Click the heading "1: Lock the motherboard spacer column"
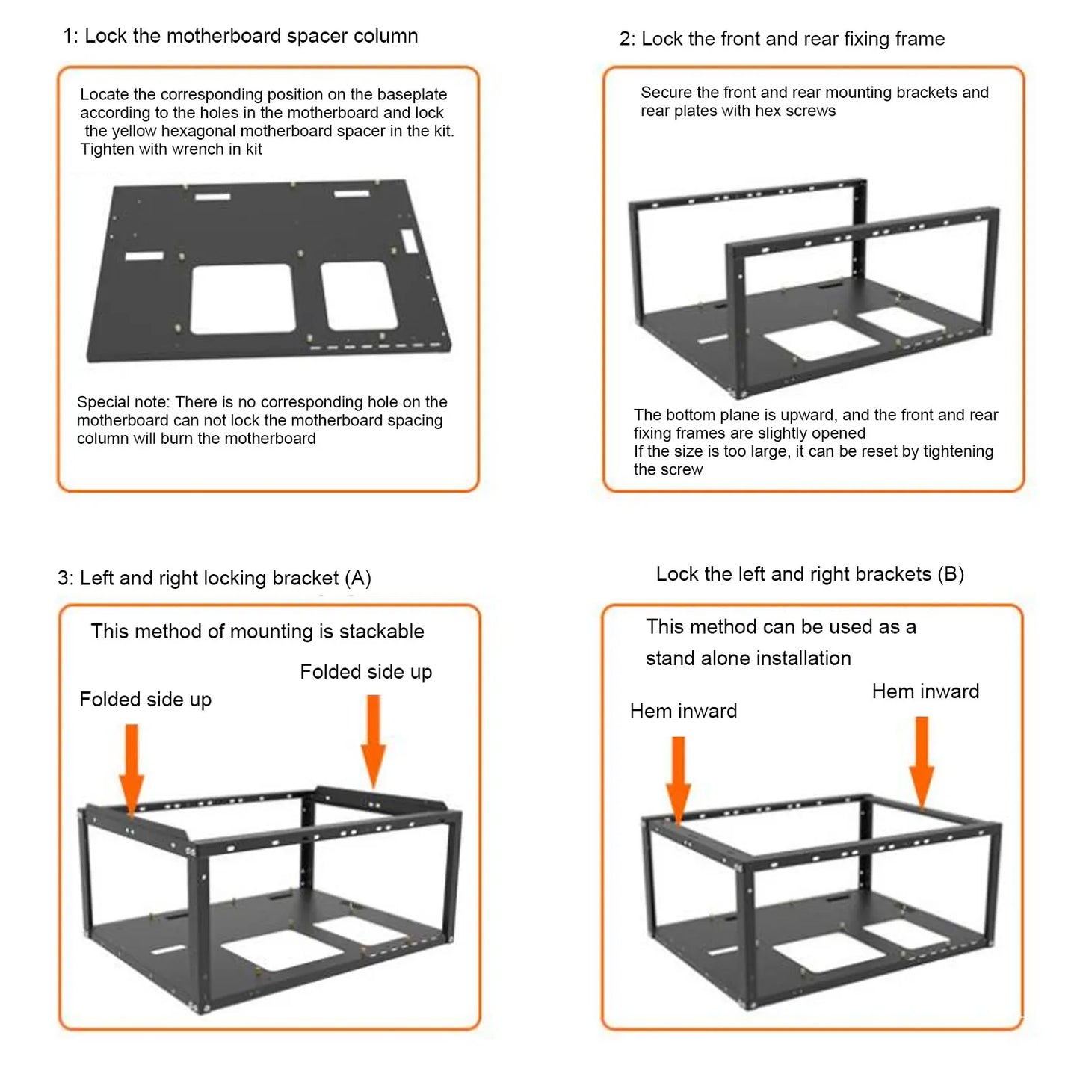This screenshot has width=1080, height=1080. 240,36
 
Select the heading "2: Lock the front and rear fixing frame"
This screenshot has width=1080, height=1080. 782,39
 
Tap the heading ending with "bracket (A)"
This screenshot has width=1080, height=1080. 215,578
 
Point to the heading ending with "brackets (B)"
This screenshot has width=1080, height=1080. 810,574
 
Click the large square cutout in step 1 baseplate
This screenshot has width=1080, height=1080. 241,298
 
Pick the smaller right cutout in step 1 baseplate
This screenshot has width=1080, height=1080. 359,296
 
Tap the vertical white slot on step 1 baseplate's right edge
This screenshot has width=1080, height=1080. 409,241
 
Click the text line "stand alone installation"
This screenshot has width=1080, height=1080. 748,658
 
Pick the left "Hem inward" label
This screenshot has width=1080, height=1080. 683,711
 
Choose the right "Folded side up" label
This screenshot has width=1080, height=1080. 365,672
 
